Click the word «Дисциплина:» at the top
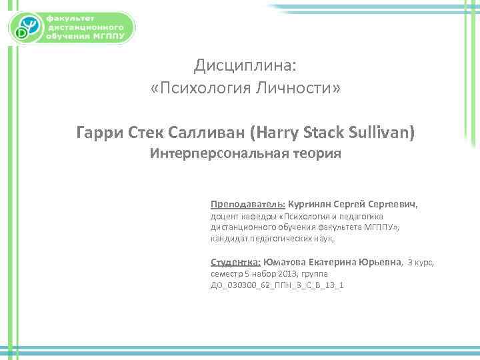[x=247, y=65]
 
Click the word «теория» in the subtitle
[x=317, y=155]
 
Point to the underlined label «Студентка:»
[x=235, y=262]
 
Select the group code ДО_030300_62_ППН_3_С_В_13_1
[x=277, y=285]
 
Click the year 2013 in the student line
[x=294, y=274]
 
